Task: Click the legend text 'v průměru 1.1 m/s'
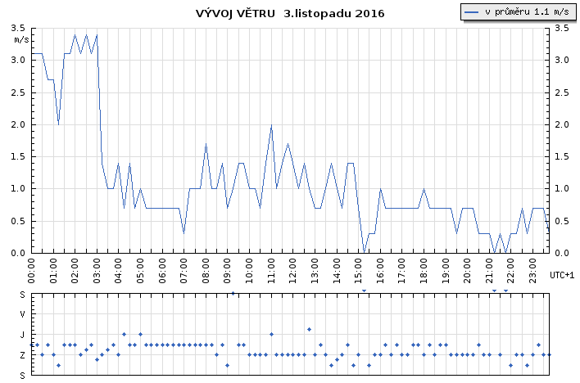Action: pos(527,12)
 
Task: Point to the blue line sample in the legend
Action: pos(473,12)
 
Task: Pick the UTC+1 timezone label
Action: pos(562,275)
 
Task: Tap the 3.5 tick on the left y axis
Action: pos(17,28)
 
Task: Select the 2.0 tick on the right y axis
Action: pos(562,124)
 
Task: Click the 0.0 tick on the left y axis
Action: pos(17,253)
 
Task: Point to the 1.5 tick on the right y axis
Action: pos(562,156)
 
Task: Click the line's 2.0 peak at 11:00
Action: pos(271,124)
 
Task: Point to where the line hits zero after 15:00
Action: pos(364,252)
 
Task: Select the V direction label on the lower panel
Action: pos(23,314)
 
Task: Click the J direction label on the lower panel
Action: pos(23,335)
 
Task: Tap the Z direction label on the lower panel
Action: pos(23,355)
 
